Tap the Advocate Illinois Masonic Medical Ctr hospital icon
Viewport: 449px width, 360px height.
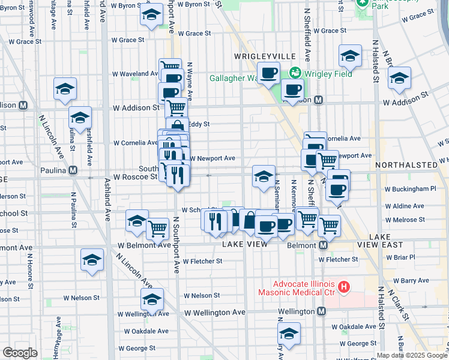coord(343,288)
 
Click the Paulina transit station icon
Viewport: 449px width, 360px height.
coord(73,170)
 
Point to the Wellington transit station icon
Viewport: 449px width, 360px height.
coord(322,311)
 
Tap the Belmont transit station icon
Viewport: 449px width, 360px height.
coord(324,245)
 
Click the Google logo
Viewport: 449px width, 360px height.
coord(20,353)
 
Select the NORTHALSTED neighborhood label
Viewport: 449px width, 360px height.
coord(411,164)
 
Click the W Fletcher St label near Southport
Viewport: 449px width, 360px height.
coord(203,261)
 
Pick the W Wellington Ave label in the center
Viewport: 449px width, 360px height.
coord(215,313)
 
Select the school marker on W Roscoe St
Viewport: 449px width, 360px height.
coord(264,176)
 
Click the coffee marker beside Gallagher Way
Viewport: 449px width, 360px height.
coord(269,73)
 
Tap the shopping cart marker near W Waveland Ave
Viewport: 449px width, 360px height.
coord(170,67)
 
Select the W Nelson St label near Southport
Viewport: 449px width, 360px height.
coord(202,295)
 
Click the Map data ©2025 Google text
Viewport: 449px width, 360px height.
coord(411,355)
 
